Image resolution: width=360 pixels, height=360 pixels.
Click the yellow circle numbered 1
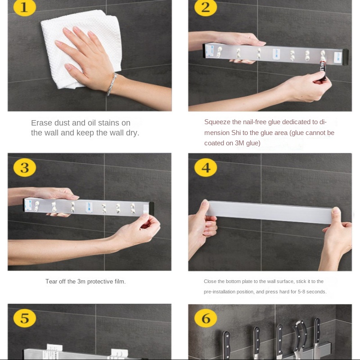coord(25,8)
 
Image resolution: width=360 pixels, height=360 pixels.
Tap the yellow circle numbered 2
coord(206,8)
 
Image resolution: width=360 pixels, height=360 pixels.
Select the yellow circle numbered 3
coord(25,167)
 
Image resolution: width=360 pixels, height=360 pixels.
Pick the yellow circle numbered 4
coord(206,167)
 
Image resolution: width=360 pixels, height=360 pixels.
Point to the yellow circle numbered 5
coord(25,318)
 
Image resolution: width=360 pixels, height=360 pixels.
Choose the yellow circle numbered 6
coord(206,318)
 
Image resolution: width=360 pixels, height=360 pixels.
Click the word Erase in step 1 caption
coord(41,123)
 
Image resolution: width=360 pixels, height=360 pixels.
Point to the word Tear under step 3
coord(51,282)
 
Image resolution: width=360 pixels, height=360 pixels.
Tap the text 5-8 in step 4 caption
coord(303,292)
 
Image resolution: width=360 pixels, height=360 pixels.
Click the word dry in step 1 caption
coord(132,133)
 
